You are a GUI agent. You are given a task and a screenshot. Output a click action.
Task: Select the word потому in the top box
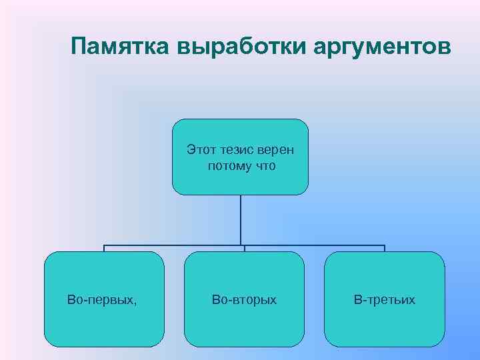tap(228, 165)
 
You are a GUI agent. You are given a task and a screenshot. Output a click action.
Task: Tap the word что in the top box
tap(264, 165)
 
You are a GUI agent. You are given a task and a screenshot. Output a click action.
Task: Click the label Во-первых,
tap(102, 300)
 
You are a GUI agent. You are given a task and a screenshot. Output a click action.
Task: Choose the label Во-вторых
tap(244, 300)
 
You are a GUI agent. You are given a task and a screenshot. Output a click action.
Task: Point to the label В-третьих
tap(384, 300)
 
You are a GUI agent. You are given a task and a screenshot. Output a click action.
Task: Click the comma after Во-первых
tap(135, 303)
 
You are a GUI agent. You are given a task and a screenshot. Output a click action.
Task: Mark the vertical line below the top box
tap(241, 220)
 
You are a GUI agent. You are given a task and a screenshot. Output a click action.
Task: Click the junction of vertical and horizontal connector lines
tap(241, 245)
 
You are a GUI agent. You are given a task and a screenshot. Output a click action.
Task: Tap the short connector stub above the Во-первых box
tap(104, 249)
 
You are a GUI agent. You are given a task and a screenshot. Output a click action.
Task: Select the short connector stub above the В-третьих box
tap(385, 249)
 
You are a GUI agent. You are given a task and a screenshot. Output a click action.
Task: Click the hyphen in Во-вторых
tap(228, 301)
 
